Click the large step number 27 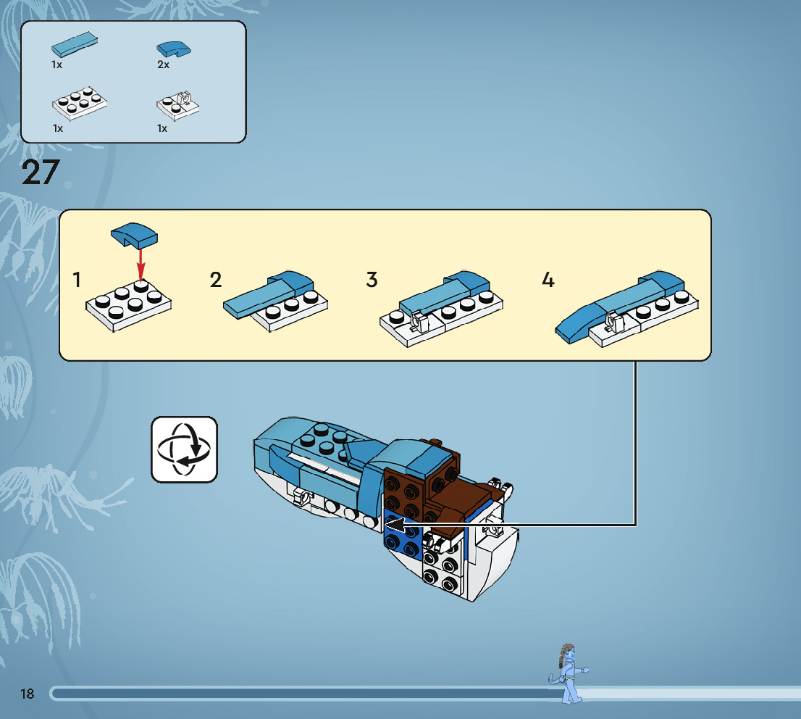[41, 173]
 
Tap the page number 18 [28, 694]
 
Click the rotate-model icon [184, 449]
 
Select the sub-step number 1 [77, 280]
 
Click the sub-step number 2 [216, 280]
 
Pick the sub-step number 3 [372, 280]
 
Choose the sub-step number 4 [548, 280]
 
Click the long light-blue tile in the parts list [75, 44]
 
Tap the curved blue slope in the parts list [174, 49]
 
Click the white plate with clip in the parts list [178, 104]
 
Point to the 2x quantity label [163, 65]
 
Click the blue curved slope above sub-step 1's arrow [135, 233]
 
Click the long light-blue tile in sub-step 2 [257, 299]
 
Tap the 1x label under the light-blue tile [56, 65]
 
